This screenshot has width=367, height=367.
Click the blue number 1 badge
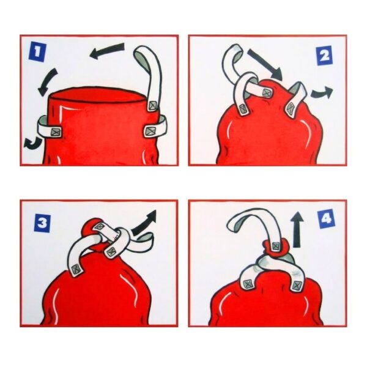(37, 54)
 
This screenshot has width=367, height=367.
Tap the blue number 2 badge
(324, 56)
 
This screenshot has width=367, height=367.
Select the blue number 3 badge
(42, 224)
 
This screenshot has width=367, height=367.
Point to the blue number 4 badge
(327, 219)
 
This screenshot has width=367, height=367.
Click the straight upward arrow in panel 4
(297, 229)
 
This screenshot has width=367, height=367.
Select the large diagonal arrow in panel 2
(265, 64)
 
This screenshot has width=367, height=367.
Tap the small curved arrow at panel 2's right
(322, 92)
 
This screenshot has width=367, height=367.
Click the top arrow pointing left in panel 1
(106, 51)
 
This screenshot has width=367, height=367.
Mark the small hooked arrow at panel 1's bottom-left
(33, 143)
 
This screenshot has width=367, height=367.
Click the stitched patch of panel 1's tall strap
(152, 106)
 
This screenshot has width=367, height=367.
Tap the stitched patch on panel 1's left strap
(56, 132)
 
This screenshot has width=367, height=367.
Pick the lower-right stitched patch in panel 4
(297, 286)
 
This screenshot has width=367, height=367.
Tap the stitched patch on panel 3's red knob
(100, 226)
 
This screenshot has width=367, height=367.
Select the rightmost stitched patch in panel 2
(291, 108)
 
